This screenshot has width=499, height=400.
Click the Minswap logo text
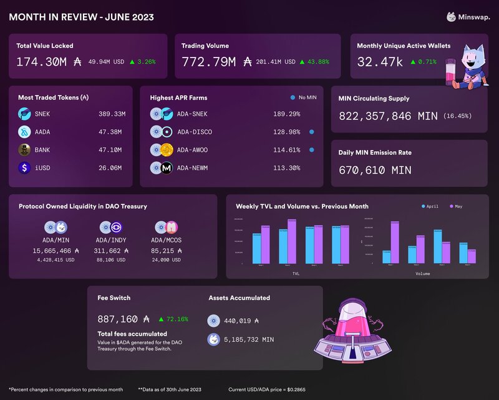[x=475, y=17]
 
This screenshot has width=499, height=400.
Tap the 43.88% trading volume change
[x=317, y=62]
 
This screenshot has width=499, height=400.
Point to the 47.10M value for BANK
[x=112, y=150]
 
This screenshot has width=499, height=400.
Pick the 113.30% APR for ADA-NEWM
[x=287, y=168]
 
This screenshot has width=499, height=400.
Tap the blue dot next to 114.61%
[x=311, y=150]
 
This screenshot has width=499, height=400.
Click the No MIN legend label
[x=308, y=97]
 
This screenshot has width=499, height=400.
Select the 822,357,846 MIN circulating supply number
[x=387, y=116]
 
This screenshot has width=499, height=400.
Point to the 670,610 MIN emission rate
[x=375, y=170]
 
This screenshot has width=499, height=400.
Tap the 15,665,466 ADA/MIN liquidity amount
[x=52, y=250]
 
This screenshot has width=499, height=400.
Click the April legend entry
[x=432, y=206]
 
